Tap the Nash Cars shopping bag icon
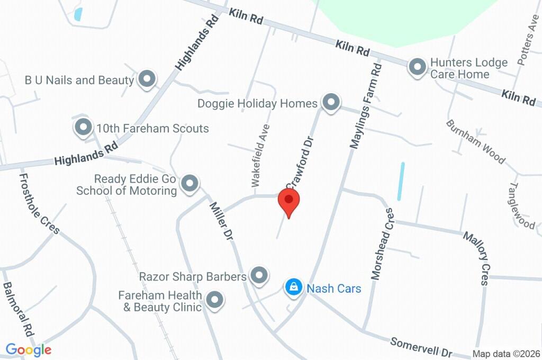tap(292, 287)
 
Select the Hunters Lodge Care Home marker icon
tap(418, 67)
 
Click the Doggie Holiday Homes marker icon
tap(331, 102)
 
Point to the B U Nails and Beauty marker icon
tap(147, 79)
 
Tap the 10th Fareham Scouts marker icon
tap(83, 128)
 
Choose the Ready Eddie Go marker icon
tap(189, 184)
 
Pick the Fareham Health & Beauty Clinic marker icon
tap(214, 300)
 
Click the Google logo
tap(29, 349)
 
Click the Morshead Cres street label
tap(383, 244)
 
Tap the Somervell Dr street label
tap(422, 347)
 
